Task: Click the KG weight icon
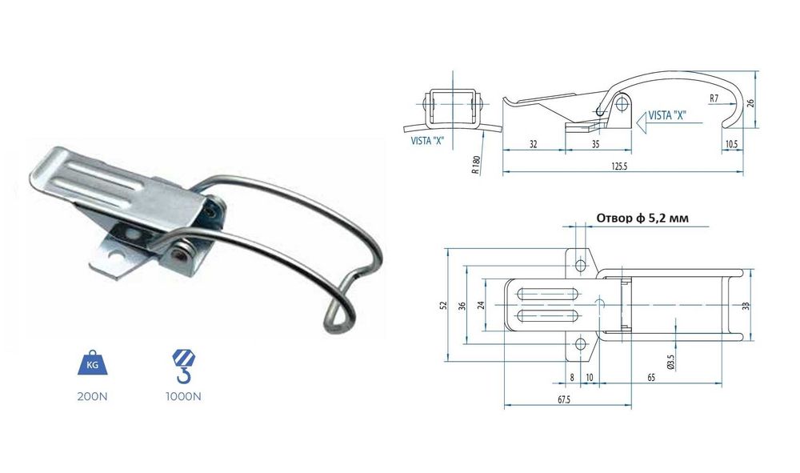pyautogui.click(x=92, y=363)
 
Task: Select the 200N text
pyautogui.click(x=92, y=396)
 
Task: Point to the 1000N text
pyautogui.click(x=184, y=396)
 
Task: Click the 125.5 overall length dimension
pyautogui.click(x=619, y=166)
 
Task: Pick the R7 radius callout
pyautogui.click(x=714, y=98)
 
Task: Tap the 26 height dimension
pyautogui.click(x=750, y=102)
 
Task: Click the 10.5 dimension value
pyautogui.click(x=732, y=144)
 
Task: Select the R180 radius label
pyautogui.click(x=475, y=166)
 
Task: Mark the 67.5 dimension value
pyautogui.click(x=564, y=399)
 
